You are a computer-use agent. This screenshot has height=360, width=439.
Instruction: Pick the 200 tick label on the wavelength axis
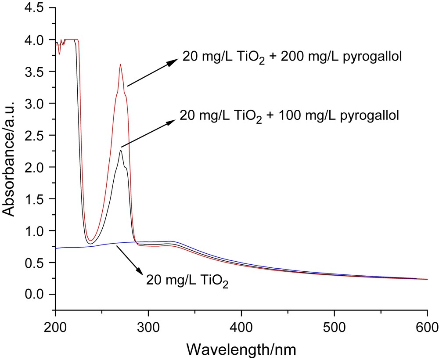55,327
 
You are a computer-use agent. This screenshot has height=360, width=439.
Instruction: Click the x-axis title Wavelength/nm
241,349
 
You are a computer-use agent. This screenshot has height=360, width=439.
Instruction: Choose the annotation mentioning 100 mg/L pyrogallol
288,116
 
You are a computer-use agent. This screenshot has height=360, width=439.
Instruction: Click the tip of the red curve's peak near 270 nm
120,65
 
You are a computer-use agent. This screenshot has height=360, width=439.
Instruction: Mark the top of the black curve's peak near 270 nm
120,151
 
